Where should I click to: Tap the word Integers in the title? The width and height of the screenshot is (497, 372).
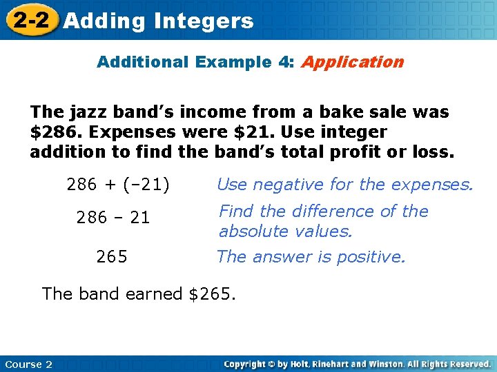click(x=204, y=21)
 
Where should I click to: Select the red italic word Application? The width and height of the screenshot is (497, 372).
click(x=352, y=62)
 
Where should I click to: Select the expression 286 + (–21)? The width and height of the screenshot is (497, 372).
click(x=118, y=185)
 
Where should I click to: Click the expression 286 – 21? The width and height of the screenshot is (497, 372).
click(x=113, y=218)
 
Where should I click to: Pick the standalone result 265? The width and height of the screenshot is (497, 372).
click(x=112, y=258)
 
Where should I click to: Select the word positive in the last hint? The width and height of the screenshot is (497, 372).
click(x=371, y=258)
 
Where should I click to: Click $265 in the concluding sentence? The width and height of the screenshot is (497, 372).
click(x=211, y=294)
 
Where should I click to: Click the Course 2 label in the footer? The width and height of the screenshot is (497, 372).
click(x=28, y=364)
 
